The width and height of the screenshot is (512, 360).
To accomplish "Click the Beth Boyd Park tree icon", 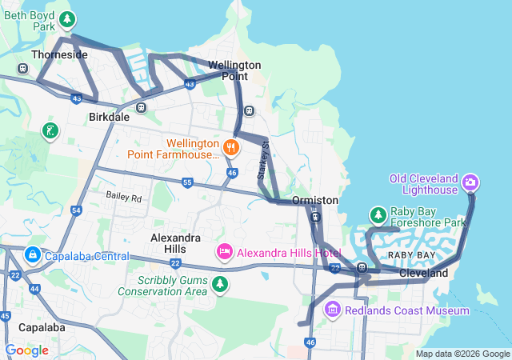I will click(69, 19).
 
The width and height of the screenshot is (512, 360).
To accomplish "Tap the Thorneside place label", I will click(58, 54).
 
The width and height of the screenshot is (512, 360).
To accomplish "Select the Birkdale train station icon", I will click(141, 107).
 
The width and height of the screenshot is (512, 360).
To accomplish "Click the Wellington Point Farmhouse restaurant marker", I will click(230, 146).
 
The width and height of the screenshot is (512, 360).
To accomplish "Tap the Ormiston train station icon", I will click(316, 217).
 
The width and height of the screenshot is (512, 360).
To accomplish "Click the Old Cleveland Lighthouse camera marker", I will click(471, 182).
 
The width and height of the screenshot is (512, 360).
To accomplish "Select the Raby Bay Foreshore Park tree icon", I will click(378, 215).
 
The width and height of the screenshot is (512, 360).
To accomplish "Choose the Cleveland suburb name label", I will click(424, 274).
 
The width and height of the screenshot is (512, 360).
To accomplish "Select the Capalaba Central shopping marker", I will click(33, 256).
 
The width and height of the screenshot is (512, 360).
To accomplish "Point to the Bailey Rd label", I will click(124, 197).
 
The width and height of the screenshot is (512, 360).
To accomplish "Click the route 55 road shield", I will click(187, 182).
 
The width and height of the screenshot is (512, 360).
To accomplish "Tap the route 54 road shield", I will click(76, 210).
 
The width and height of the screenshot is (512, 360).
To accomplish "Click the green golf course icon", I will click(50, 130).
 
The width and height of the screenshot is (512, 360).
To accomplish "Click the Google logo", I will click(26, 350).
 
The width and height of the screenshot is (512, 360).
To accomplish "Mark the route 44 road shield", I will click(34, 288).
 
